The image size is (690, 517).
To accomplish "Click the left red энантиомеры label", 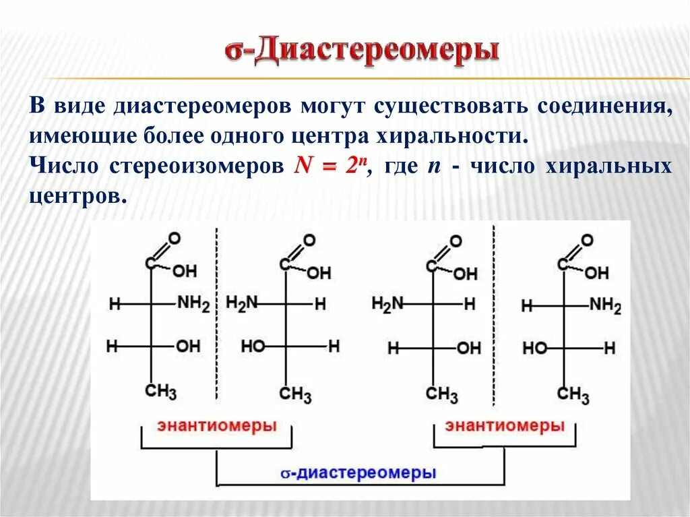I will tap(217, 426).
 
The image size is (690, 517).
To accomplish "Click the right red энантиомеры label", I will tap(505, 426).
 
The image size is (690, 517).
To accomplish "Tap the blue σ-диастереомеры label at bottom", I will tap(358, 473).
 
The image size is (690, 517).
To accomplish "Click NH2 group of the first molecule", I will tap(193, 304).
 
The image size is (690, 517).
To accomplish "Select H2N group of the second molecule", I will tap(242, 303).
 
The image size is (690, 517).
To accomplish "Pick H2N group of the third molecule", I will tap(387, 304).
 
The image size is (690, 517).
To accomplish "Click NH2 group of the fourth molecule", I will tap(605, 305).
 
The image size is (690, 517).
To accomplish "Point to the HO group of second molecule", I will tap(253, 346).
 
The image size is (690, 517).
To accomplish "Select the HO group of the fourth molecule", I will tap(535, 348).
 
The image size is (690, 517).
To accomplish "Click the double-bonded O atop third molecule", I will tap(456, 241).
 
